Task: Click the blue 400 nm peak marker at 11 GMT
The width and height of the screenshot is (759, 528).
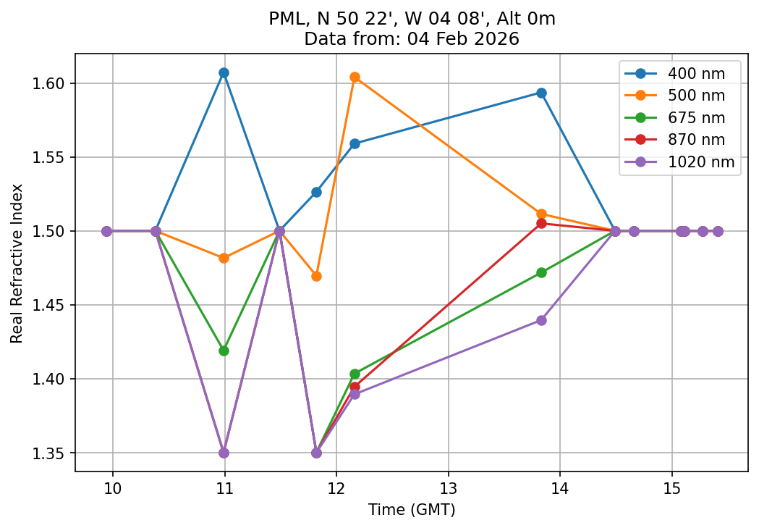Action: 224,72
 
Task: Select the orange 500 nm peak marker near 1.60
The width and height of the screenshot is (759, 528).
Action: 355,77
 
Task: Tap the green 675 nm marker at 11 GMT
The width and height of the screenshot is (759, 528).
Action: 224,351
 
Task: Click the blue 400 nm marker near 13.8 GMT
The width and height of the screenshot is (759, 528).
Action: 541,93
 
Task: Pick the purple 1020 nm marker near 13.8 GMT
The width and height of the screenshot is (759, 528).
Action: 541,320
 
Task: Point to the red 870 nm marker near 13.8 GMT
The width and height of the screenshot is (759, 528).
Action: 541,223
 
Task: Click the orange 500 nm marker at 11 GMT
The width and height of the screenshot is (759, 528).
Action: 224,258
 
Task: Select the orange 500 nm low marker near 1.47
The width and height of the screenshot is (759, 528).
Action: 316,276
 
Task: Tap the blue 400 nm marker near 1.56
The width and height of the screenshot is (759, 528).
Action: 355,143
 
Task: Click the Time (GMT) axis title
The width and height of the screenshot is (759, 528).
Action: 411,510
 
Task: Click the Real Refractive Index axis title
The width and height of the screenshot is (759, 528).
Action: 17,263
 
